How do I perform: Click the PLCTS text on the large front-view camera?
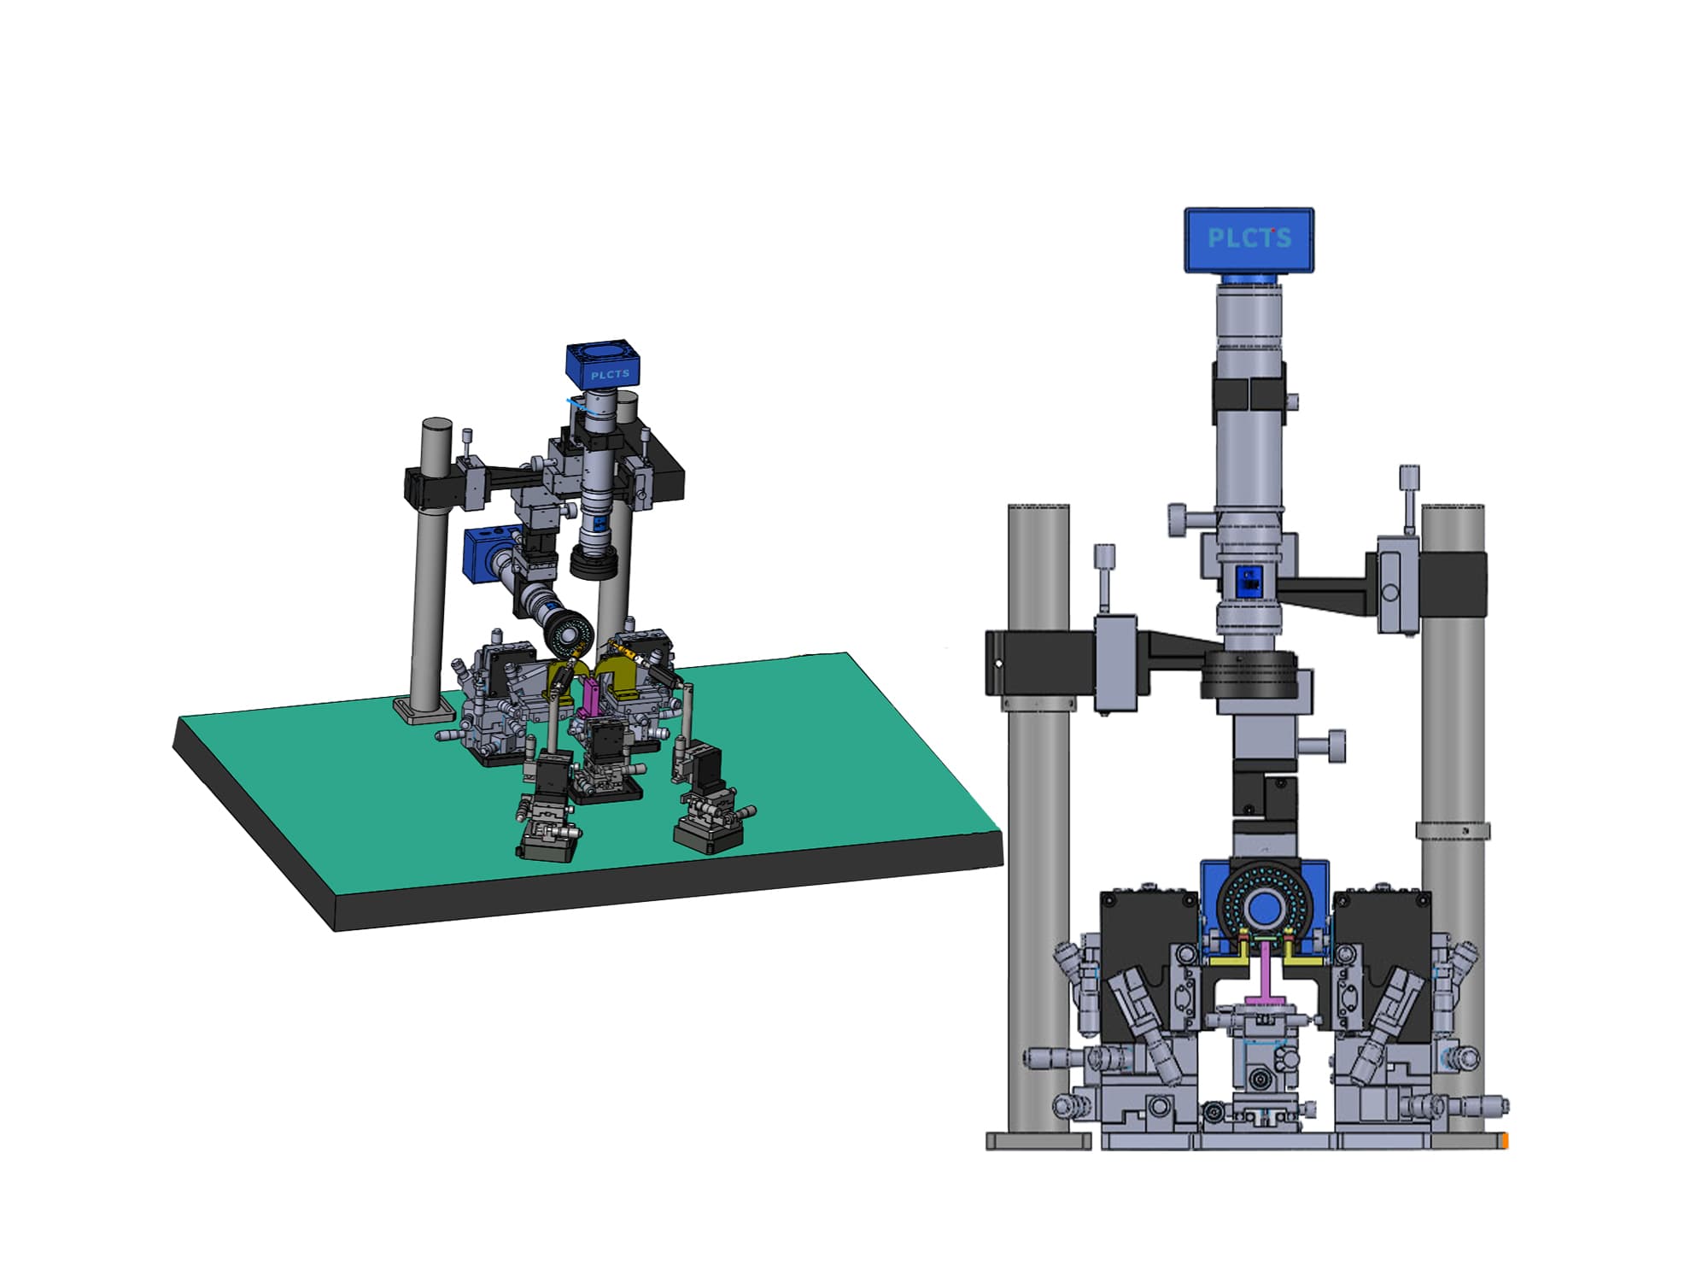pos(1249,238)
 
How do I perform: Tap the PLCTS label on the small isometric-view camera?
pos(610,374)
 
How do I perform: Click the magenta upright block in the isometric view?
pos(590,695)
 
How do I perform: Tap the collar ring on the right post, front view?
pos(1453,830)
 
